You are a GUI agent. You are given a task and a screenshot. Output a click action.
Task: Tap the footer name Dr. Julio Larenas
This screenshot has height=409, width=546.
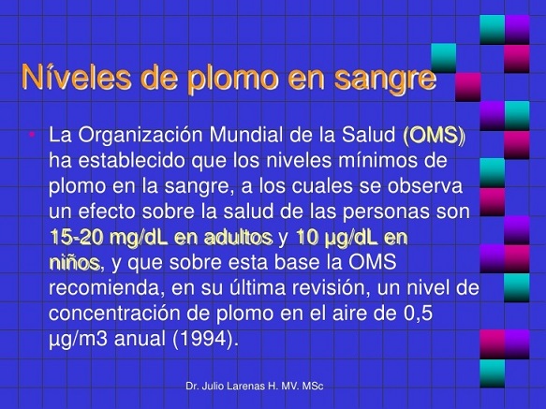[230, 386]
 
